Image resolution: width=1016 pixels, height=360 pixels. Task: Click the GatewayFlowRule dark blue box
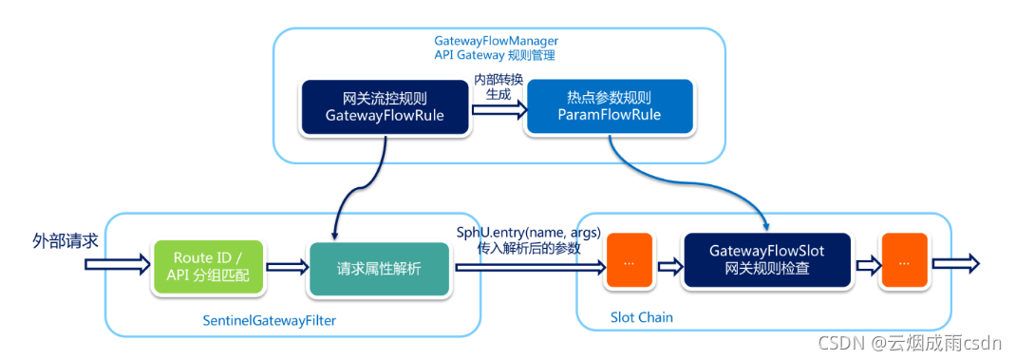[x=385, y=107]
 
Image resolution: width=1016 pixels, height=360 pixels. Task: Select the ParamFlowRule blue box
[x=608, y=107]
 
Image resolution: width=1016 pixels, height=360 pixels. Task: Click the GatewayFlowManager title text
[x=496, y=41]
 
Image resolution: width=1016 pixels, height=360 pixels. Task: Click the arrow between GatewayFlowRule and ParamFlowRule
[x=498, y=109]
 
